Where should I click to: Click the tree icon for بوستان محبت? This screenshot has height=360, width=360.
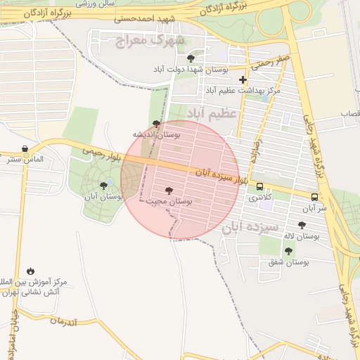pos(168,191)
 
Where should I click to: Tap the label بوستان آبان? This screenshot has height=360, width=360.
pos(104,198)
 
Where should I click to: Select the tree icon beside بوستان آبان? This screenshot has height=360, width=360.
pos(104,186)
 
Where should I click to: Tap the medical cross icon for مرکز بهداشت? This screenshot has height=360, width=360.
pos(243,80)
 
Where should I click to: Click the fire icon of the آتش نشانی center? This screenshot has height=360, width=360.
pos(30,271)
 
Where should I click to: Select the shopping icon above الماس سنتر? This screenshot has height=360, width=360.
pos(26,148)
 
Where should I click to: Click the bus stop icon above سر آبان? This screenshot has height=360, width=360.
pos(314,197)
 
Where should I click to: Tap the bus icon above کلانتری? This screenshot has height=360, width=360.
pos(260,187)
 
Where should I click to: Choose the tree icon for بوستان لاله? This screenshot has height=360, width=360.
pos(302,226)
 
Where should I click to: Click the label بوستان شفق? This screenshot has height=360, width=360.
pos(288,263)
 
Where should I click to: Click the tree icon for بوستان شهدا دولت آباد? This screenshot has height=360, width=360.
pos(191,58)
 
